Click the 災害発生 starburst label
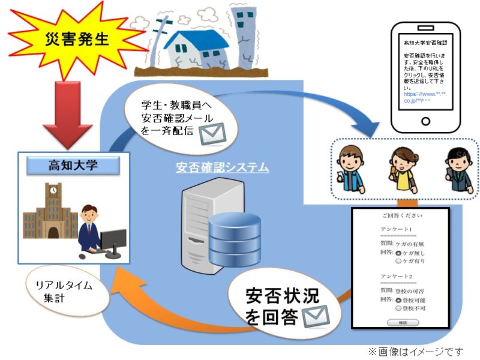pos(77,39)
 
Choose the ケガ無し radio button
pos(398,254)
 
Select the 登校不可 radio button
pos(398,308)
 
